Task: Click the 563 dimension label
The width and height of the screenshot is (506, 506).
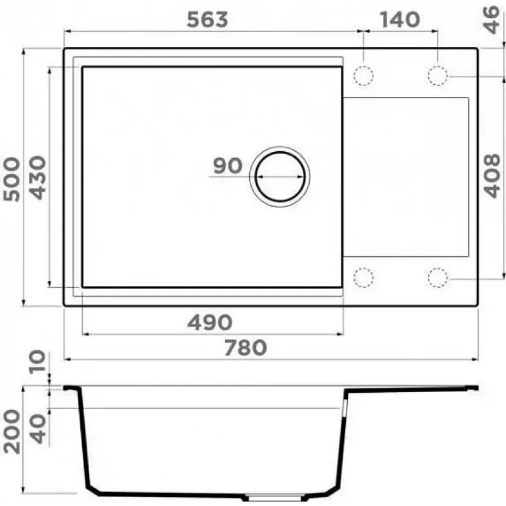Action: [207, 20]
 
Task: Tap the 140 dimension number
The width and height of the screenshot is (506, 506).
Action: [400, 20]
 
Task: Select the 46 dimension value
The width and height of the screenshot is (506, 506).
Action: [491, 20]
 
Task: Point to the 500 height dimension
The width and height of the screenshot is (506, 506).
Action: [11, 179]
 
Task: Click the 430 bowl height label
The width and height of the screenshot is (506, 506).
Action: [38, 178]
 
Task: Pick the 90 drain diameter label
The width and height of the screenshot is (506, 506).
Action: [228, 166]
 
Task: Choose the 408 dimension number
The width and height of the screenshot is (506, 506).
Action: [491, 176]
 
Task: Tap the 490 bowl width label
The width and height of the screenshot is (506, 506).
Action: [210, 322]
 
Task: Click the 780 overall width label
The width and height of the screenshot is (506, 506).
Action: [245, 347]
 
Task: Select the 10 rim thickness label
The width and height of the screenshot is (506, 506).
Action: [38, 362]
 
